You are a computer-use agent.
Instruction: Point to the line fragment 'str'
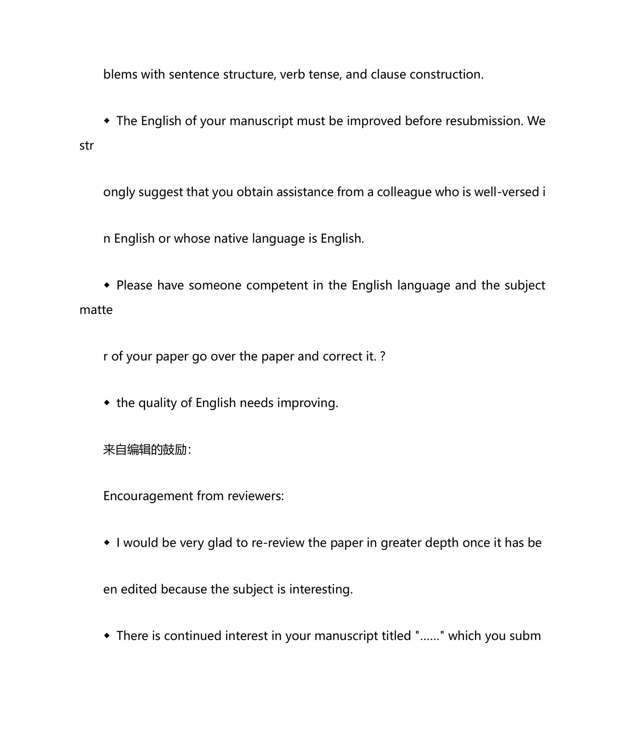click(86, 146)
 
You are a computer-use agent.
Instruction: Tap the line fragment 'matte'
click(96, 310)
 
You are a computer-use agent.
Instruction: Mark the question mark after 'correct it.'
click(383, 357)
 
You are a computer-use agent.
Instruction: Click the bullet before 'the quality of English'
click(107, 403)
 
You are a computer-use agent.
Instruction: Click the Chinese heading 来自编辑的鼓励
click(146, 450)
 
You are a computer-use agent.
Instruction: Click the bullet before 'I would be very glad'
click(107, 543)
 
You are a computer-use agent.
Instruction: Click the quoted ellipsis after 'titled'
click(430, 636)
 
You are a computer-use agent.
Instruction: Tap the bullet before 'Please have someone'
click(107, 285)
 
